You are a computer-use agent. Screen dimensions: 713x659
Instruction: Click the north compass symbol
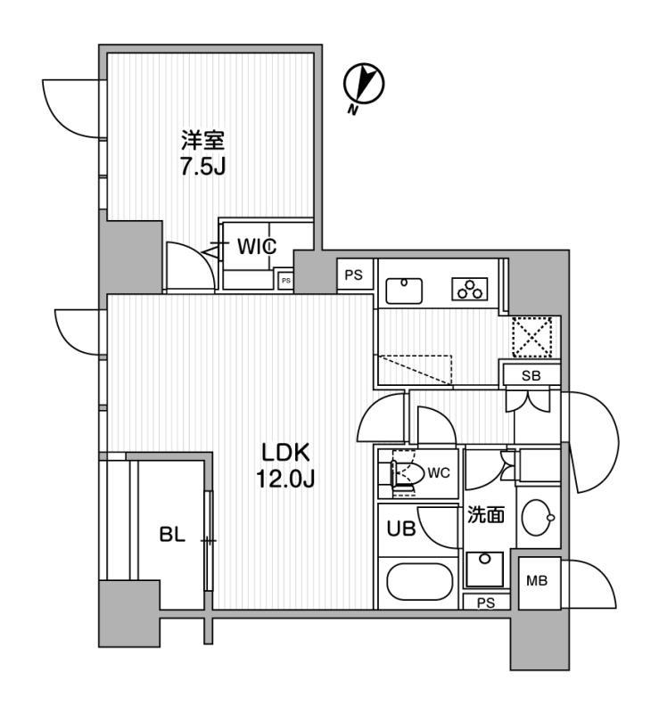tap(364, 86)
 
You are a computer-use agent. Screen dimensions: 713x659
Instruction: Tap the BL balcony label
tap(171, 537)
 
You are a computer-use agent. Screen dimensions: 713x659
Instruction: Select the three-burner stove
tap(469, 290)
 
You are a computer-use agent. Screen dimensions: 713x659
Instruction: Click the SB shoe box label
tap(531, 375)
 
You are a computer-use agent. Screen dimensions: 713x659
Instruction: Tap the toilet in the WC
tap(407, 472)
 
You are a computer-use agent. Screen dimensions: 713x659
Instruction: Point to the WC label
tap(438, 472)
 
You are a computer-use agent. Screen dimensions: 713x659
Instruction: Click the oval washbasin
tap(539, 517)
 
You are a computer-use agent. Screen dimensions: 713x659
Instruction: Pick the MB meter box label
tap(537, 582)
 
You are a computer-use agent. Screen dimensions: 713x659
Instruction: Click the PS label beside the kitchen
tap(354, 275)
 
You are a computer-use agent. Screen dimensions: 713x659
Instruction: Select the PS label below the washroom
tap(484, 602)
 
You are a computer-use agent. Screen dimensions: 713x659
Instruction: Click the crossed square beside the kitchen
tap(531, 337)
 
